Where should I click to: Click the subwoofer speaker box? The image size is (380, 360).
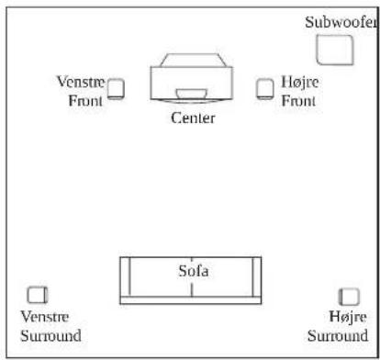point(335,50)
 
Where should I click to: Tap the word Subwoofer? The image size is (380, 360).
point(341,22)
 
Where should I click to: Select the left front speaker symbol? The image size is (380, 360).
point(116,89)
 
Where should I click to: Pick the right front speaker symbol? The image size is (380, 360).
point(265,89)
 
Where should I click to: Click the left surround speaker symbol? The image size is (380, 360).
point(38,295)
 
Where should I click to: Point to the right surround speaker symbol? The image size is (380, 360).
point(349,297)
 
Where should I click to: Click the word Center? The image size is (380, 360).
point(193,118)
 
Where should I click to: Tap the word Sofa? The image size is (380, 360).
point(194,271)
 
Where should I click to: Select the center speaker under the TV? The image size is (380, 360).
point(192,94)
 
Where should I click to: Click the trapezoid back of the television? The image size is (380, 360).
point(194,60)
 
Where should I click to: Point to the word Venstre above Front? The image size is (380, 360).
point(81,82)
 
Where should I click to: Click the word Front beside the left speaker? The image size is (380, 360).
point(85,101)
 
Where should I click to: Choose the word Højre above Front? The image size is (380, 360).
point(300,82)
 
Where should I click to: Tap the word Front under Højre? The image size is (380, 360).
point(298,101)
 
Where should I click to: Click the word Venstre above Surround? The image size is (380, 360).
point(45,317)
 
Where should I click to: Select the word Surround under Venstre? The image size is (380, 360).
point(50,335)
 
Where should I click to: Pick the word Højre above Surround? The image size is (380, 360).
point(348,317)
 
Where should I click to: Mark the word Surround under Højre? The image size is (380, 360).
point(338,335)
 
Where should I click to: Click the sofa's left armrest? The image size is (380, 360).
point(125,276)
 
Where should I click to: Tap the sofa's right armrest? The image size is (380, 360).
point(257,276)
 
